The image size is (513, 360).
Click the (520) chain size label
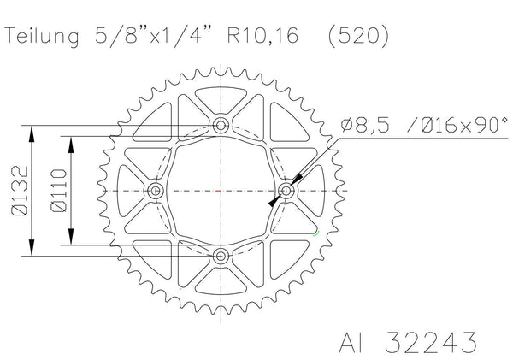click(351, 37)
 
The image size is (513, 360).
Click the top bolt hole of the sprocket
click(221, 125)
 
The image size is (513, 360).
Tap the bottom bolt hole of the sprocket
click(221, 256)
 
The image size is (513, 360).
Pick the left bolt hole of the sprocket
click(156, 190)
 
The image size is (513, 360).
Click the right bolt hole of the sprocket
click(287, 190)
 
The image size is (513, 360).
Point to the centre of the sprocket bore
click(221, 190)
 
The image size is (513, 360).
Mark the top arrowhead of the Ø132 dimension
click(33, 131)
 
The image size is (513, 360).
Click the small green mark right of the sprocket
click(317, 233)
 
